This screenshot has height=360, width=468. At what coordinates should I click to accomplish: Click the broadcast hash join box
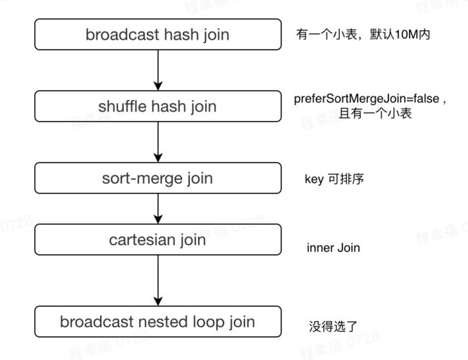tap(158, 35)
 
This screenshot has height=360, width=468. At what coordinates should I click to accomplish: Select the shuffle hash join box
tap(158, 107)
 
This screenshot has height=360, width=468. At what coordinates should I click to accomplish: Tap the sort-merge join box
tap(158, 179)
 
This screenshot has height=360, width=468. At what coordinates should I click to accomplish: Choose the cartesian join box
tap(158, 240)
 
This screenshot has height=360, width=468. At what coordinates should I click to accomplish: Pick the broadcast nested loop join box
tap(158, 322)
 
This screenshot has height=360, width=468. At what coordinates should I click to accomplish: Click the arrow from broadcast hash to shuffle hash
tap(158, 70)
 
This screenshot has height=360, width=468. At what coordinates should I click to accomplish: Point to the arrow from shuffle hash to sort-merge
tap(158, 142)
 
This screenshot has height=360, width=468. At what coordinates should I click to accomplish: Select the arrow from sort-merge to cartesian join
tap(158, 209)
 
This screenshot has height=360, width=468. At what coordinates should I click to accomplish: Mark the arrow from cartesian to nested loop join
tap(158, 281)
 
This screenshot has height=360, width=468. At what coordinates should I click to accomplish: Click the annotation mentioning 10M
tap(363, 35)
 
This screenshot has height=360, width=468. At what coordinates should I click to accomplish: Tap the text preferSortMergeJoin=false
tap(366, 99)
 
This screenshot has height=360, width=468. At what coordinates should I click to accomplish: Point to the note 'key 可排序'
tap(334, 179)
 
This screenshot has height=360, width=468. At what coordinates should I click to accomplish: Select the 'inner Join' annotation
tap(333, 248)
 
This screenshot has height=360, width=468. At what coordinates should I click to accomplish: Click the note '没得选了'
tap(333, 326)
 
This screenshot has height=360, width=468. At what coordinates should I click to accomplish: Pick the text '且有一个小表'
tap(375, 114)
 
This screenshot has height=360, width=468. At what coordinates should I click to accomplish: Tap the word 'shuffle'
tap(122, 107)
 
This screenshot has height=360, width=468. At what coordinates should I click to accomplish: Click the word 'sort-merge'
tap(142, 179)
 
